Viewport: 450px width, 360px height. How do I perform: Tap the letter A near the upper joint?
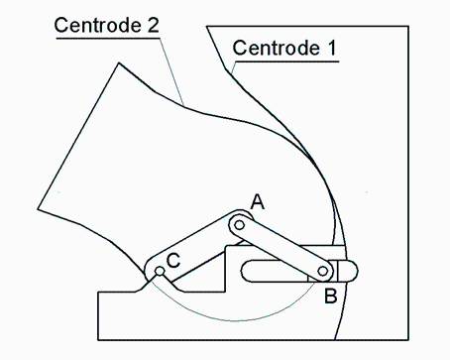click(258, 202)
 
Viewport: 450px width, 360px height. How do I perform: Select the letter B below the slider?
click(331, 295)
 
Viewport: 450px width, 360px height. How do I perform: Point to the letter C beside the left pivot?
click(173, 261)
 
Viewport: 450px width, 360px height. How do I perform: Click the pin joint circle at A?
click(239, 225)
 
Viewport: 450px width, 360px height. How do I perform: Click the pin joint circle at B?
click(324, 271)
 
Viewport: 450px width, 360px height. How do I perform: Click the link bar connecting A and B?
click(281, 248)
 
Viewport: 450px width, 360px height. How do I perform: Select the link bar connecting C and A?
click(198, 247)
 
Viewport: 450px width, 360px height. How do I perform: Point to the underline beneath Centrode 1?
click(287, 60)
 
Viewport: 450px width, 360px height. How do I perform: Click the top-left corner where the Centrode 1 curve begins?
click(207, 27)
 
